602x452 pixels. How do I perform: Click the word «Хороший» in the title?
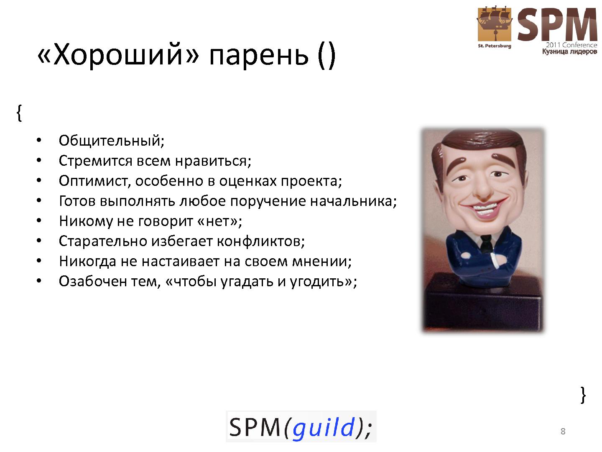point(118,54)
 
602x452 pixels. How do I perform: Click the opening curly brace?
point(19,113)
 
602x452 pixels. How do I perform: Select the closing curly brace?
point(583,395)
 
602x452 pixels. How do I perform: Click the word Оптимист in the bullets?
point(93,181)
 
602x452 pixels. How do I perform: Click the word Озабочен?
point(93,281)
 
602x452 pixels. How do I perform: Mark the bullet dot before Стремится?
point(39,160)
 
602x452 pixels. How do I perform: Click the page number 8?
point(563,431)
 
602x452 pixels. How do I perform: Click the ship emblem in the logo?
point(495,24)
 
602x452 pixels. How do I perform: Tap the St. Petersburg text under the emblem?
point(495,46)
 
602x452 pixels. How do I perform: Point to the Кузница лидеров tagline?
point(570,51)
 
